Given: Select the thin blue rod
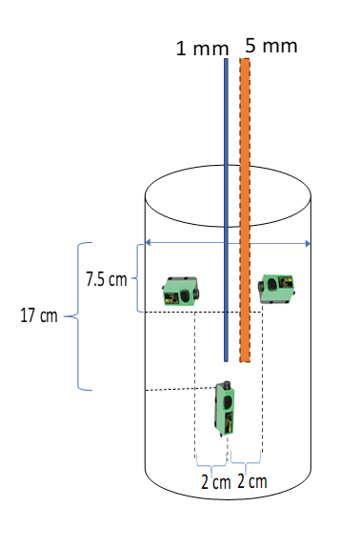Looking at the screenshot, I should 226,210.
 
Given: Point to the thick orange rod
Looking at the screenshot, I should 245,210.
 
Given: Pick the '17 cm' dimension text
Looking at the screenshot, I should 37,316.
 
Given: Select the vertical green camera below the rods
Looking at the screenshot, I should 226,407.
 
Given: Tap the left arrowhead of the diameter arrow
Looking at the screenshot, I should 146,244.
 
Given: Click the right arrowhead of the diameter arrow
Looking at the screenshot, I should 308,244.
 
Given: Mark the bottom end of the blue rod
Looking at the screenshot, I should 226,360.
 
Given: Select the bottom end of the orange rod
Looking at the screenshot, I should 245,360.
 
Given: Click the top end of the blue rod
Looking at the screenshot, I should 226,60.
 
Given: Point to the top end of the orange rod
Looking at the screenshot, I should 245,60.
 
